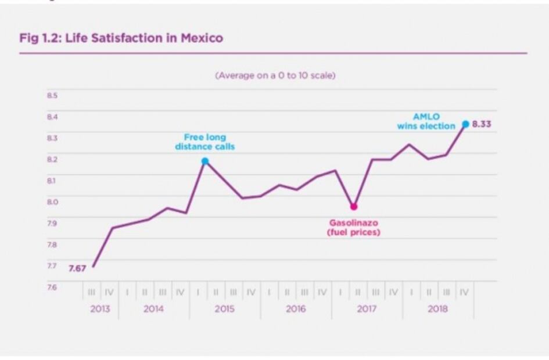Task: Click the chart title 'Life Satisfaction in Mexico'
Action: point(143,39)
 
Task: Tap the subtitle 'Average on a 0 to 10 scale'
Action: point(275,75)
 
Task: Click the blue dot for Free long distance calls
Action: point(204,161)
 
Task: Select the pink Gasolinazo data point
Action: point(354,207)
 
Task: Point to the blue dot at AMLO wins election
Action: point(465,124)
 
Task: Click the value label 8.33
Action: point(482,124)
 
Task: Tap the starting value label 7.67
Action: point(77,268)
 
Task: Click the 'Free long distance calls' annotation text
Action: point(205,142)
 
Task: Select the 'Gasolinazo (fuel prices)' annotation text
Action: point(354,227)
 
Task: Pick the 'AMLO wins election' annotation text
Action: point(426,121)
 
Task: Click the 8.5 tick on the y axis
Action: point(52,95)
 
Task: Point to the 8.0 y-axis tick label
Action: point(52,201)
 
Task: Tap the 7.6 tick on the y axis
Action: point(52,287)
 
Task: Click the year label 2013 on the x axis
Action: point(100,309)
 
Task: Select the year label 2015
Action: point(225,309)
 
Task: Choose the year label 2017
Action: point(367,309)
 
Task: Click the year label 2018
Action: point(437,309)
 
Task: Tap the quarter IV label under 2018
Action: point(464,293)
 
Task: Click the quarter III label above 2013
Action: point(91,293)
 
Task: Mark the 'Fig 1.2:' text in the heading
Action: point(40,39)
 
